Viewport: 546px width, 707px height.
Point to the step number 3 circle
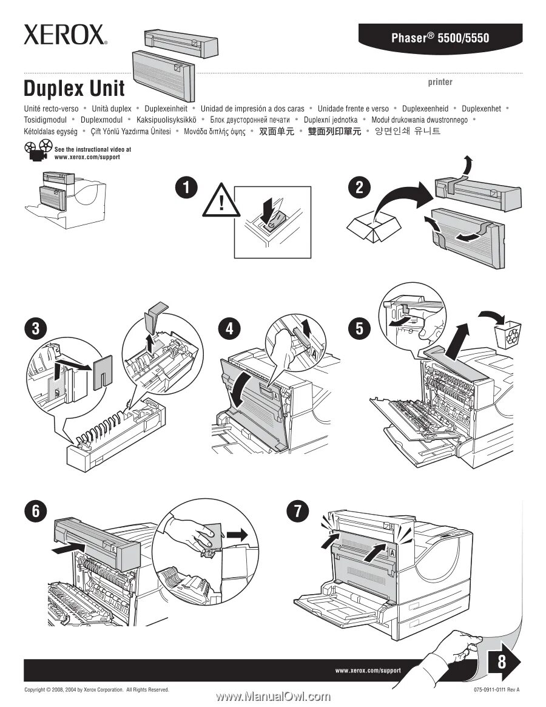click(x=36, y=330)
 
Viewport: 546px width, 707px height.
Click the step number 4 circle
click(x=229, y=330)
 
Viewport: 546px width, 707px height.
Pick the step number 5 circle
click(x=359, y=330)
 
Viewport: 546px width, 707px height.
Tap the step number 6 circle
click(x=36, y=511)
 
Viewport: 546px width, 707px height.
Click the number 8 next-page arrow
click(x=503, y=662)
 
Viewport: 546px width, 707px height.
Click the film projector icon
click(x=37, y=151)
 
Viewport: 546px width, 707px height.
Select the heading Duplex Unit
click(x=74, y=89)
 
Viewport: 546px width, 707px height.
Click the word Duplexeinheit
click(x=166, y=109)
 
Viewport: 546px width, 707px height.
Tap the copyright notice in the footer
click(x=96, y=690)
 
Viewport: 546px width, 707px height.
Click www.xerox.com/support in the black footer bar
click(x=368, y=670)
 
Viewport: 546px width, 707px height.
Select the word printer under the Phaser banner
click(x=440, y=82)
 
